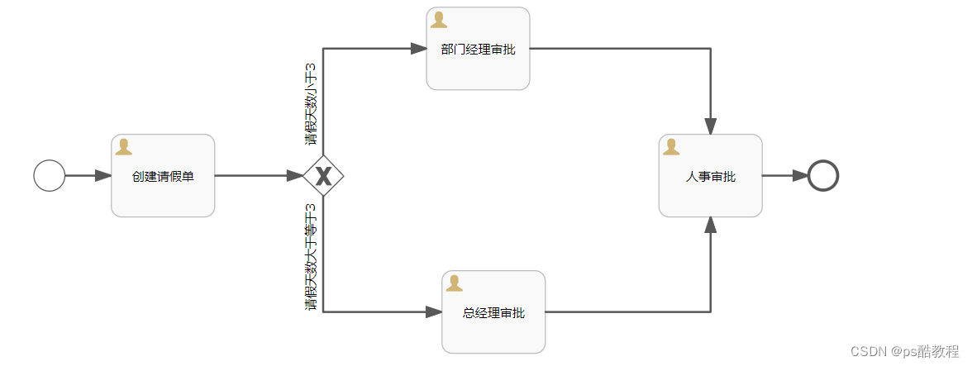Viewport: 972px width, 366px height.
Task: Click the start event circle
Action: [x=50, y=175]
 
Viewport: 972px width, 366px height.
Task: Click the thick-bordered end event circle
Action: [x=823, y=175]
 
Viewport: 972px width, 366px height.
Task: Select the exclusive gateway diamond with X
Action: [x=323, y=175]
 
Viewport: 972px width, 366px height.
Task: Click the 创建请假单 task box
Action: [x=163, y=176]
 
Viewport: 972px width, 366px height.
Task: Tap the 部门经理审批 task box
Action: [x=478, y=49]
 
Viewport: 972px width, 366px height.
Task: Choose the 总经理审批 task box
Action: [x=493, y=312]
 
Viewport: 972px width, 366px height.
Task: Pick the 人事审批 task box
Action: [x=710, y=176]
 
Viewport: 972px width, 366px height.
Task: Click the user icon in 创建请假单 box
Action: [x=124, y=147]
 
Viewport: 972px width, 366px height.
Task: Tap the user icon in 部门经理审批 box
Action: [x=439, y=20]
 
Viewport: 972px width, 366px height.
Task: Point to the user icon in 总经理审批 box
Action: [x=455, y=283]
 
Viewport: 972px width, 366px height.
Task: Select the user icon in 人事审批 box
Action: [x=671, y=147]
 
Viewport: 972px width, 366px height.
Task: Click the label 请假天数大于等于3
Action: [x=311, y=257]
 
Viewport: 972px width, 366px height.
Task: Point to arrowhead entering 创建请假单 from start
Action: [x=103, y=175]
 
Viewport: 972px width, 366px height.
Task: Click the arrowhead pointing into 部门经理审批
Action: [x=418, y=49]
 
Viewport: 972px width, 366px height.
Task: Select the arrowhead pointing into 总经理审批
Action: [x=434, y=312]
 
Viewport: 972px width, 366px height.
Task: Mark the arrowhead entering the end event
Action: [x=800, y=175]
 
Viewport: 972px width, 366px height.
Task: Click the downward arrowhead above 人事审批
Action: [x=711, y=126]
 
